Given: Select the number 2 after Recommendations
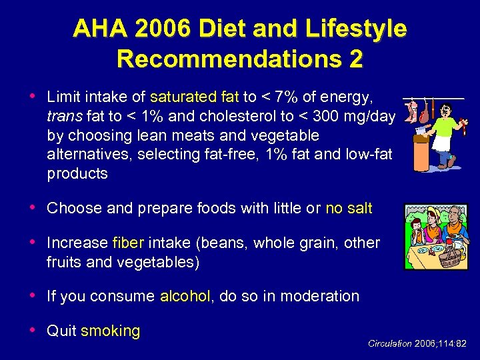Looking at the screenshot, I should coord(355,59).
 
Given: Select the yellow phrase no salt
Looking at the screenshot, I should coord(349,208).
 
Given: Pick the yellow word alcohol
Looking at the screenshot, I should coord(185,296).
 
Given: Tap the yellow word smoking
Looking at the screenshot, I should coord(110,331).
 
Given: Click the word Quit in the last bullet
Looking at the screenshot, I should coord(62,331).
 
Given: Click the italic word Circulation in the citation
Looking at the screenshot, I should coord(390,344).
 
